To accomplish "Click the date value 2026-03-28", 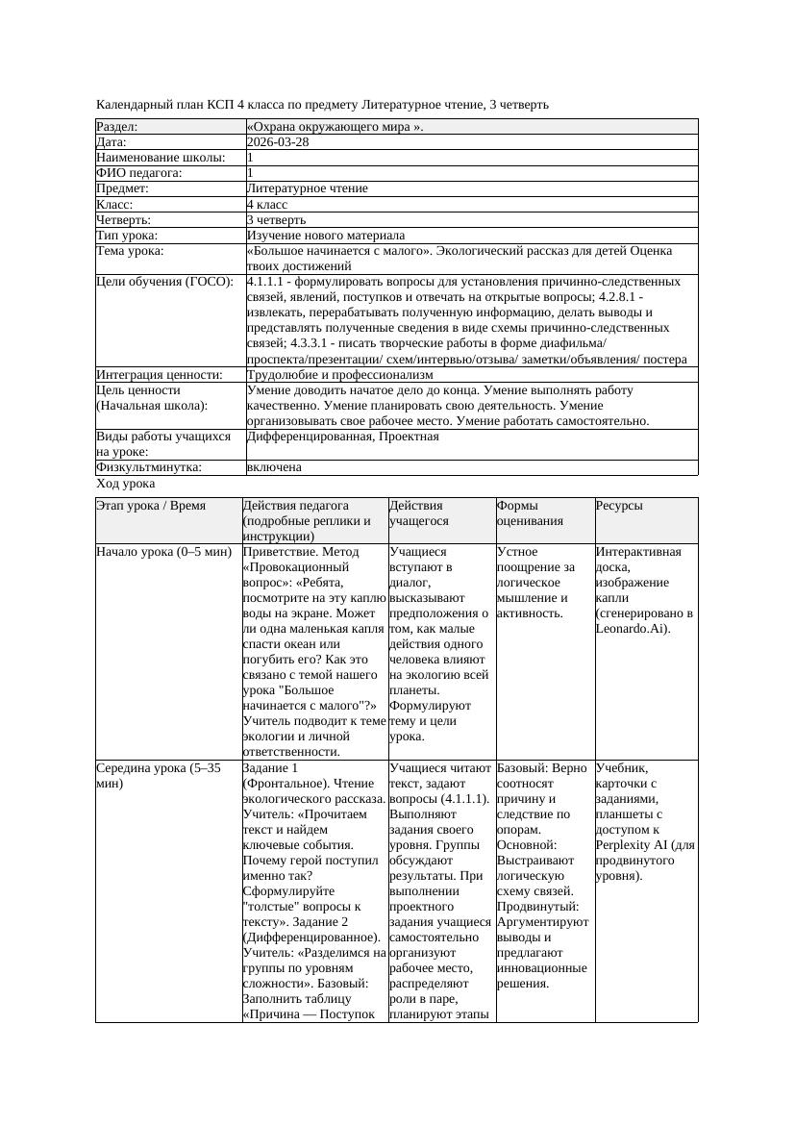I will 278,142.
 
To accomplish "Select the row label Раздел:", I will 117,127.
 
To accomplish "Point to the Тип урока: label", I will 127,236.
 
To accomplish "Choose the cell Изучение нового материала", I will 326,236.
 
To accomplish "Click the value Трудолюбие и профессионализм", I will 339,375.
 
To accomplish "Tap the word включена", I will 274,467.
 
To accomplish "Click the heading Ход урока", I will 125,485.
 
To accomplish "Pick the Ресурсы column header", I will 619,506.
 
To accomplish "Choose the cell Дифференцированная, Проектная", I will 342,437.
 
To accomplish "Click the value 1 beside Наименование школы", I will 251,158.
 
